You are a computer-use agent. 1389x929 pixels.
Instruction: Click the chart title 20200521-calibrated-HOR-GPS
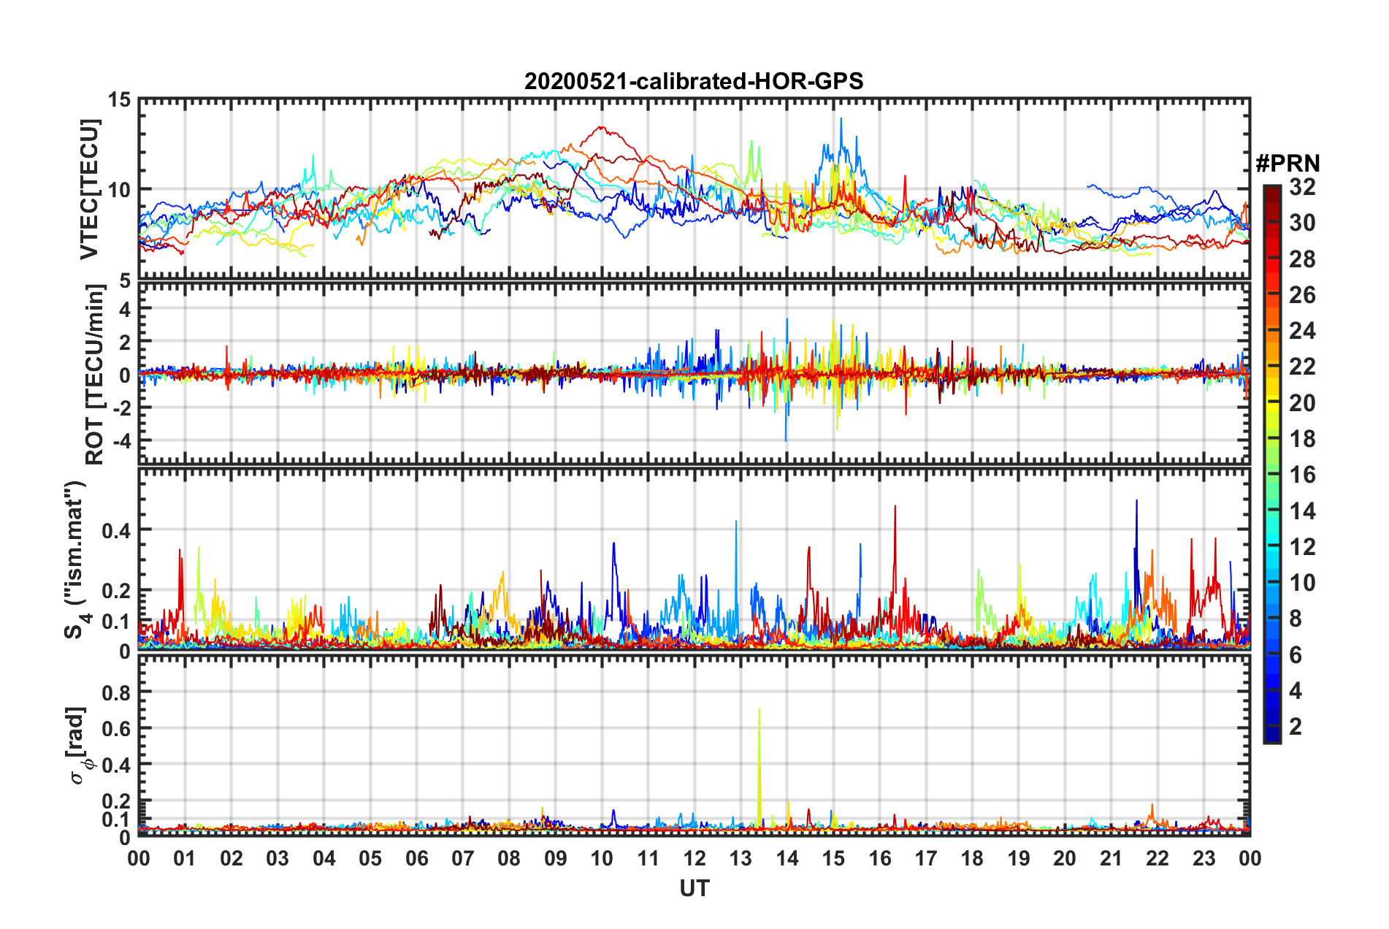[x=694, y=81]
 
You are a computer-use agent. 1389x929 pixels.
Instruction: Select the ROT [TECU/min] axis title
[x=94, y=375]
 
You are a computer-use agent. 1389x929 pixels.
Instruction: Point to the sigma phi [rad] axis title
[x=77, y=745]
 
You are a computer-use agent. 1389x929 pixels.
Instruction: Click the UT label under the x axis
[x=694, y=888]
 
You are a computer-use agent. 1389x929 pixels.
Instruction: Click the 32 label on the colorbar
[x=1302, y=187]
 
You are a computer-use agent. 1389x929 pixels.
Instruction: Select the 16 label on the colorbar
[x=1302, y=475]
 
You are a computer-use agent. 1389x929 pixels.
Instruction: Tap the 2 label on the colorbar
[x=1296, y=726]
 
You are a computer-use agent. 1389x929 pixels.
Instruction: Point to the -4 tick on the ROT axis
[x=120, y=440]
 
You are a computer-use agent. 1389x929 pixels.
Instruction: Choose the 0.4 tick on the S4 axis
[x=116, y=530]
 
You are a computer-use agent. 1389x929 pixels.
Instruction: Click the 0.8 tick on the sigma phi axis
[x=116, y=692]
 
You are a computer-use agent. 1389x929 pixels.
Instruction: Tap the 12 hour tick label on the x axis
[x=694, y=858]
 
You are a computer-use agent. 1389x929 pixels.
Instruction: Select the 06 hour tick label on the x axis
[x=416, y=858]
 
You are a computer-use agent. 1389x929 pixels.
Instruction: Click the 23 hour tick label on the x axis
[x=1204, y=858]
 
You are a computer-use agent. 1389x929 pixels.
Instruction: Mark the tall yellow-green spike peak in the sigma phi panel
[x=759, y=709]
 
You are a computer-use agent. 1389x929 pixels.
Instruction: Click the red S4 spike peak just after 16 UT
[x=895, y=506]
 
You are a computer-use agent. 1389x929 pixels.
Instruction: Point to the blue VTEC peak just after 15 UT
[x=841, y=119]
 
